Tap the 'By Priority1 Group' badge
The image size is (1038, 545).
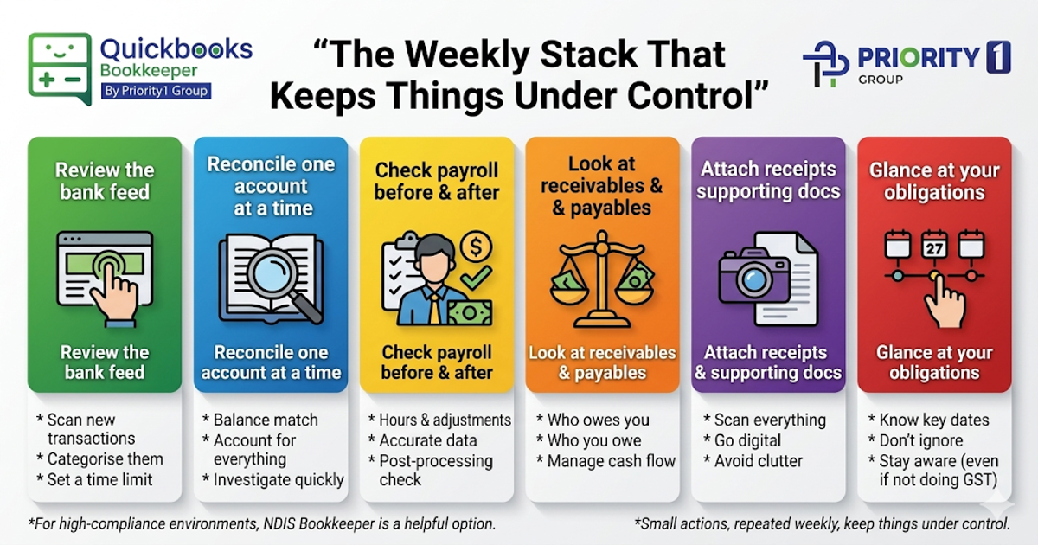[156, 91]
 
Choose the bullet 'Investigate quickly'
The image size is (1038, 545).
[279, 479]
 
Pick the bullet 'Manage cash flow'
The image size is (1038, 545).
[611, 460]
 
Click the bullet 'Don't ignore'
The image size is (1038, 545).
[920, 440]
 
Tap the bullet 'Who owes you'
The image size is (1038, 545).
[598, 420]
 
